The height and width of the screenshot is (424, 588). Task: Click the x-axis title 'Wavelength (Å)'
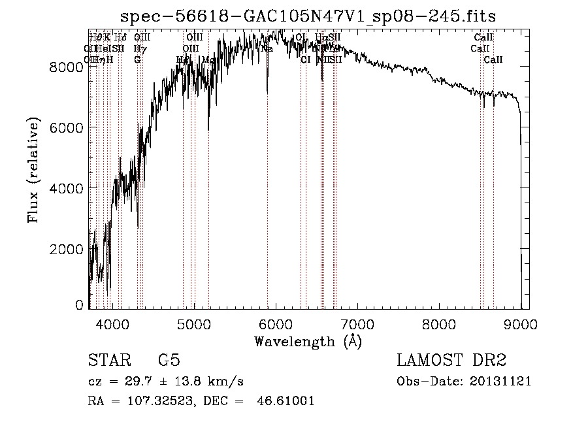308,341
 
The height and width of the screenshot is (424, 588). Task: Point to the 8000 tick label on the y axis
67,67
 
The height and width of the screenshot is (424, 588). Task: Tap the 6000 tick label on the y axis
67,127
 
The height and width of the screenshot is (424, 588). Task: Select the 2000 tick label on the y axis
67,249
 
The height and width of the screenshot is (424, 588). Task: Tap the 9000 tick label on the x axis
521,323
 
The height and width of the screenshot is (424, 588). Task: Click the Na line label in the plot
267,48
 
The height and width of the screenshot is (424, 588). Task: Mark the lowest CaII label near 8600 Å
493,59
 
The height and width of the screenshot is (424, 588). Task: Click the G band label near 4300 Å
137,59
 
